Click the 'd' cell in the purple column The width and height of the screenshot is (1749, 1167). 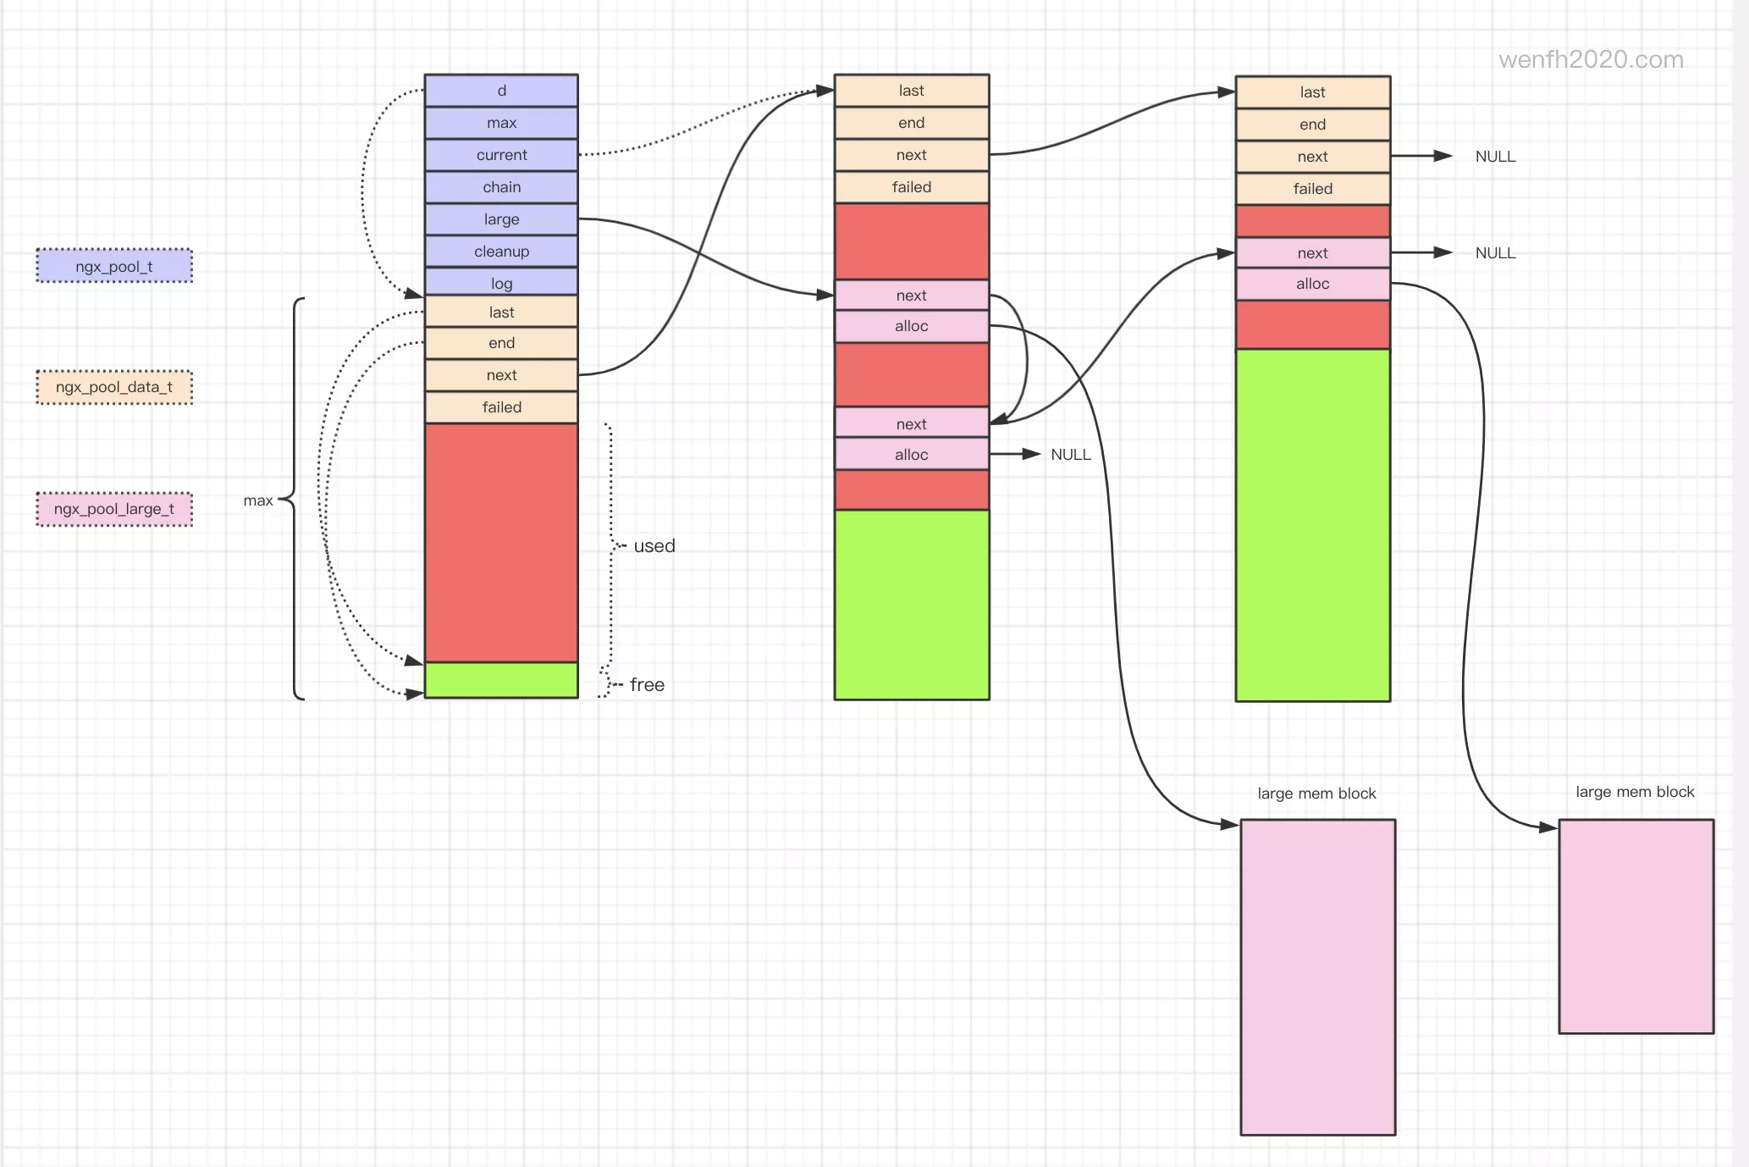click(501, 91)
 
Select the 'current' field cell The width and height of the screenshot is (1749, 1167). click(501, 155)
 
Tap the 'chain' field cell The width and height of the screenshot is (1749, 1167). click(501, 187)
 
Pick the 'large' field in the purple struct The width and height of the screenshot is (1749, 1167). click(501, 219)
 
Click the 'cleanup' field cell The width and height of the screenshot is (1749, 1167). click(501, 252)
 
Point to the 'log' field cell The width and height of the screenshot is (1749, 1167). click(501, 283)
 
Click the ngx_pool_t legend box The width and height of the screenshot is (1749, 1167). click(114, 266)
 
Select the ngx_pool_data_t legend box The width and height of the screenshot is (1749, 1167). click(114, 387)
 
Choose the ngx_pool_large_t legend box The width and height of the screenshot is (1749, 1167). click(114, 509)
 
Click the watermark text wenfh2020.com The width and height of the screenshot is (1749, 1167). click(1591, 59)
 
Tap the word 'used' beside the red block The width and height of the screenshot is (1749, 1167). click(654, 546)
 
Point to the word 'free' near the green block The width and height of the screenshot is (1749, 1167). click(647, 685)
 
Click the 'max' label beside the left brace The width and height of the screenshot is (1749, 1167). click(258, 501)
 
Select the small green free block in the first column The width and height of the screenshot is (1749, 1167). click(501, 680)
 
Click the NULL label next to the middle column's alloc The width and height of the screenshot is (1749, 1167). click(1071, 455)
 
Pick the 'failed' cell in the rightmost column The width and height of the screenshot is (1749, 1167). click(1312, 189)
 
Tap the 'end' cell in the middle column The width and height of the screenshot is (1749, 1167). click(912, 123)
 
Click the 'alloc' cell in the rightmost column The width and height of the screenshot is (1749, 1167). click(1312, 284)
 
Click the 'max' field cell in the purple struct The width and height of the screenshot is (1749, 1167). click(501, 123)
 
